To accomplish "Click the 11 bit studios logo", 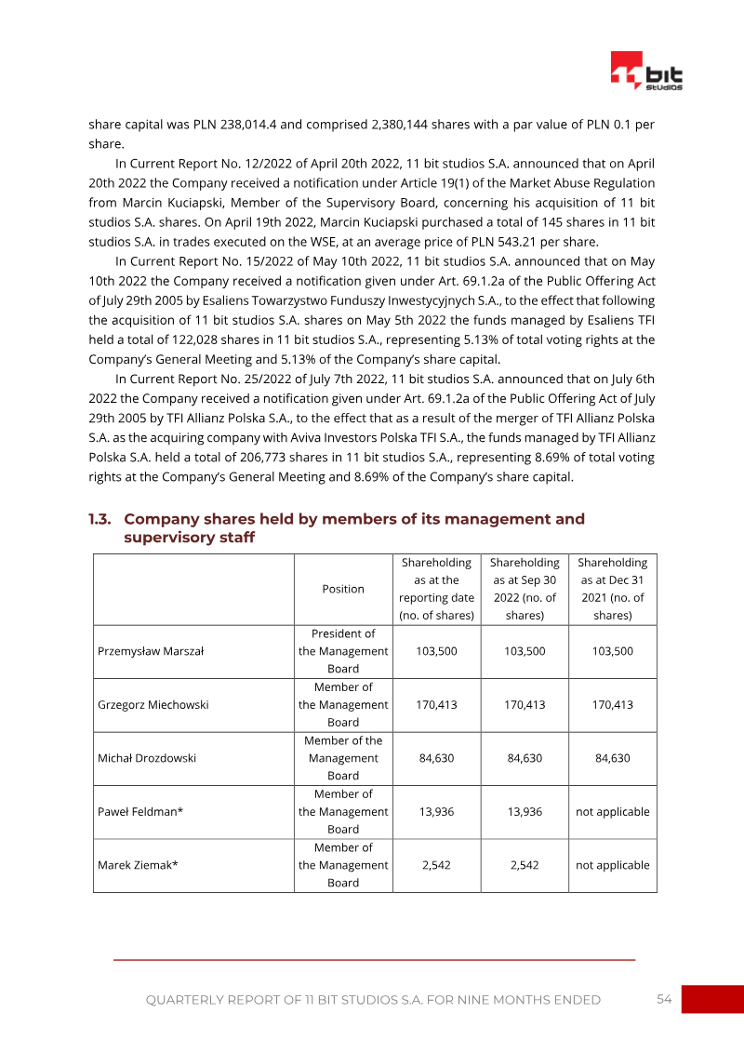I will pos(646,71).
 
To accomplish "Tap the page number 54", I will pos(664,999).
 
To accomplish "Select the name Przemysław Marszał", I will pos(151,651).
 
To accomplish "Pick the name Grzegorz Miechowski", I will pos(153,704).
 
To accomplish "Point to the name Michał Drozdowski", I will pos(147,758).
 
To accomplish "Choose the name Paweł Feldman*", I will pos(140,811).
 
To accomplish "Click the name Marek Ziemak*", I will pos(138,865).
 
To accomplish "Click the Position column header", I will pos(343,589).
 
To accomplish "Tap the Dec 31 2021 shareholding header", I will pos(612,589).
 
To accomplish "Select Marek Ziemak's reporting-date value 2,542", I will pos(437,865).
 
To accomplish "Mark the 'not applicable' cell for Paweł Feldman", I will pos(612,811).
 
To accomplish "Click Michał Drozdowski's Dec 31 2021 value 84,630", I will pos(612,758).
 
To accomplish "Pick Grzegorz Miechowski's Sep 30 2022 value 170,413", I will pos(525,704).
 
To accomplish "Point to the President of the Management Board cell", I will pos(343,651).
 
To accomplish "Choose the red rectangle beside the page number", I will pos(712,999).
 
